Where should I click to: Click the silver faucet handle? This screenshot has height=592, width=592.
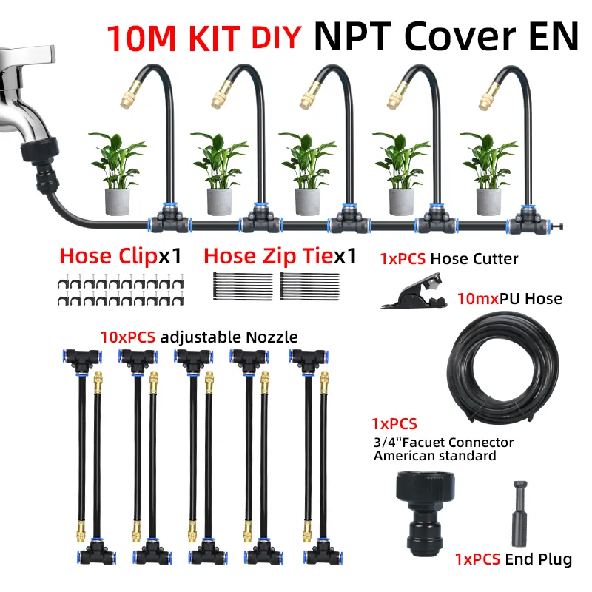point(27,57)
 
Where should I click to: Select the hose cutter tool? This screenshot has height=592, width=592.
point(414,291)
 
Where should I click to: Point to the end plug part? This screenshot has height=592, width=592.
point(520,513)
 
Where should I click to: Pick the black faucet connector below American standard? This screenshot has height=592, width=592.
point(425,514)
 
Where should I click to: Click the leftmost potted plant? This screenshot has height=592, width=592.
point(118,173)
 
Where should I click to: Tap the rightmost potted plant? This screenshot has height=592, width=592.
point(488,173)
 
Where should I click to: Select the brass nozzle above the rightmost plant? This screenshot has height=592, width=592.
point(488,97)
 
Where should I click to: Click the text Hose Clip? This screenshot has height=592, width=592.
point(108,256)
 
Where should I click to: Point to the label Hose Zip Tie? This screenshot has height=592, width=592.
point(269,256)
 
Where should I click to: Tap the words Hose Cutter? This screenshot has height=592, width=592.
point(474,259)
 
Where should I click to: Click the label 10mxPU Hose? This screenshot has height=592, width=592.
point(510,299)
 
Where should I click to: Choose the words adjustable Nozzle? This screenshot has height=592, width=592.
point(229,337)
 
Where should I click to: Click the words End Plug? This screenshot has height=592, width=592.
point(539,559)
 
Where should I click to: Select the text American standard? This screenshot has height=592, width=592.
point(435,456)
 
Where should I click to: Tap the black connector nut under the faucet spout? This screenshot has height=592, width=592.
point(39,149)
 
